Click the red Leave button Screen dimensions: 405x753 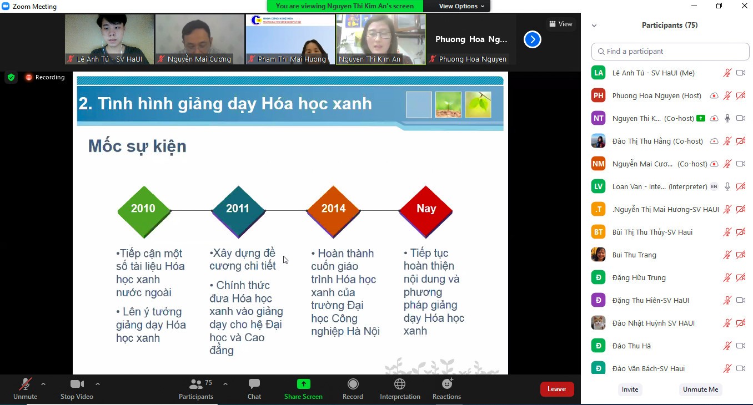point(556,389)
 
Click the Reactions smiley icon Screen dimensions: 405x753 point(447,384)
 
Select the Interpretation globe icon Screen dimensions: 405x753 point(399,384)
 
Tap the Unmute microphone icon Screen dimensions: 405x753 point(25,384)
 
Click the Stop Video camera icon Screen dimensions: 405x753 point(77,384)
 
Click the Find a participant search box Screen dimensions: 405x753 point(670,52)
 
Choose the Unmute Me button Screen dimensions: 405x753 point(700,389)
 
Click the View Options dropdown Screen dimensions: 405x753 point(461,6)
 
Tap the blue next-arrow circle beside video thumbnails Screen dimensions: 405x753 point(532,39)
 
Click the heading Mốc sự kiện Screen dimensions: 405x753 point(137,146)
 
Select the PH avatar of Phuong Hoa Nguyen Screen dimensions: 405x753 point(598,95)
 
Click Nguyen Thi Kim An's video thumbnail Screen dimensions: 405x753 point(380,39)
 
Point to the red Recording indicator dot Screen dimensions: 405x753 point(29,78)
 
